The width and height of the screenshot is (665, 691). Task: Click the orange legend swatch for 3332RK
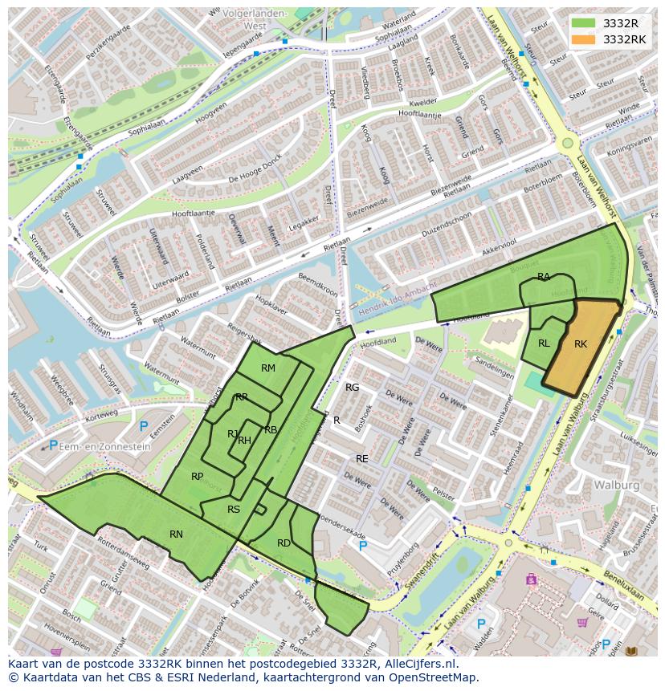point(584,39)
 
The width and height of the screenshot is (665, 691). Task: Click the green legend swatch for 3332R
point(584,23)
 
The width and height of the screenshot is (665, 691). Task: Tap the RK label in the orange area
point(581,344)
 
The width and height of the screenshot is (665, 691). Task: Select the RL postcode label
point(544,343)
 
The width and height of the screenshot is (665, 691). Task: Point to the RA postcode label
point(544,277)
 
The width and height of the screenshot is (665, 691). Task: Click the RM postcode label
point(268,368)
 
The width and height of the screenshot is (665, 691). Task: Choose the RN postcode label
point(176,534)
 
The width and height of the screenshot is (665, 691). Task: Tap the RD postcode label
point(284,543)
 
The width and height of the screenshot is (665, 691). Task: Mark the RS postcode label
point(234,510)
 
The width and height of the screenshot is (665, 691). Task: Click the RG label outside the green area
point(352,388)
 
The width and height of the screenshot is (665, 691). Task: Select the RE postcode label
point(361,459)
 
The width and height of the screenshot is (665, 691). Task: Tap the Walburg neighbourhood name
point(616,485)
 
